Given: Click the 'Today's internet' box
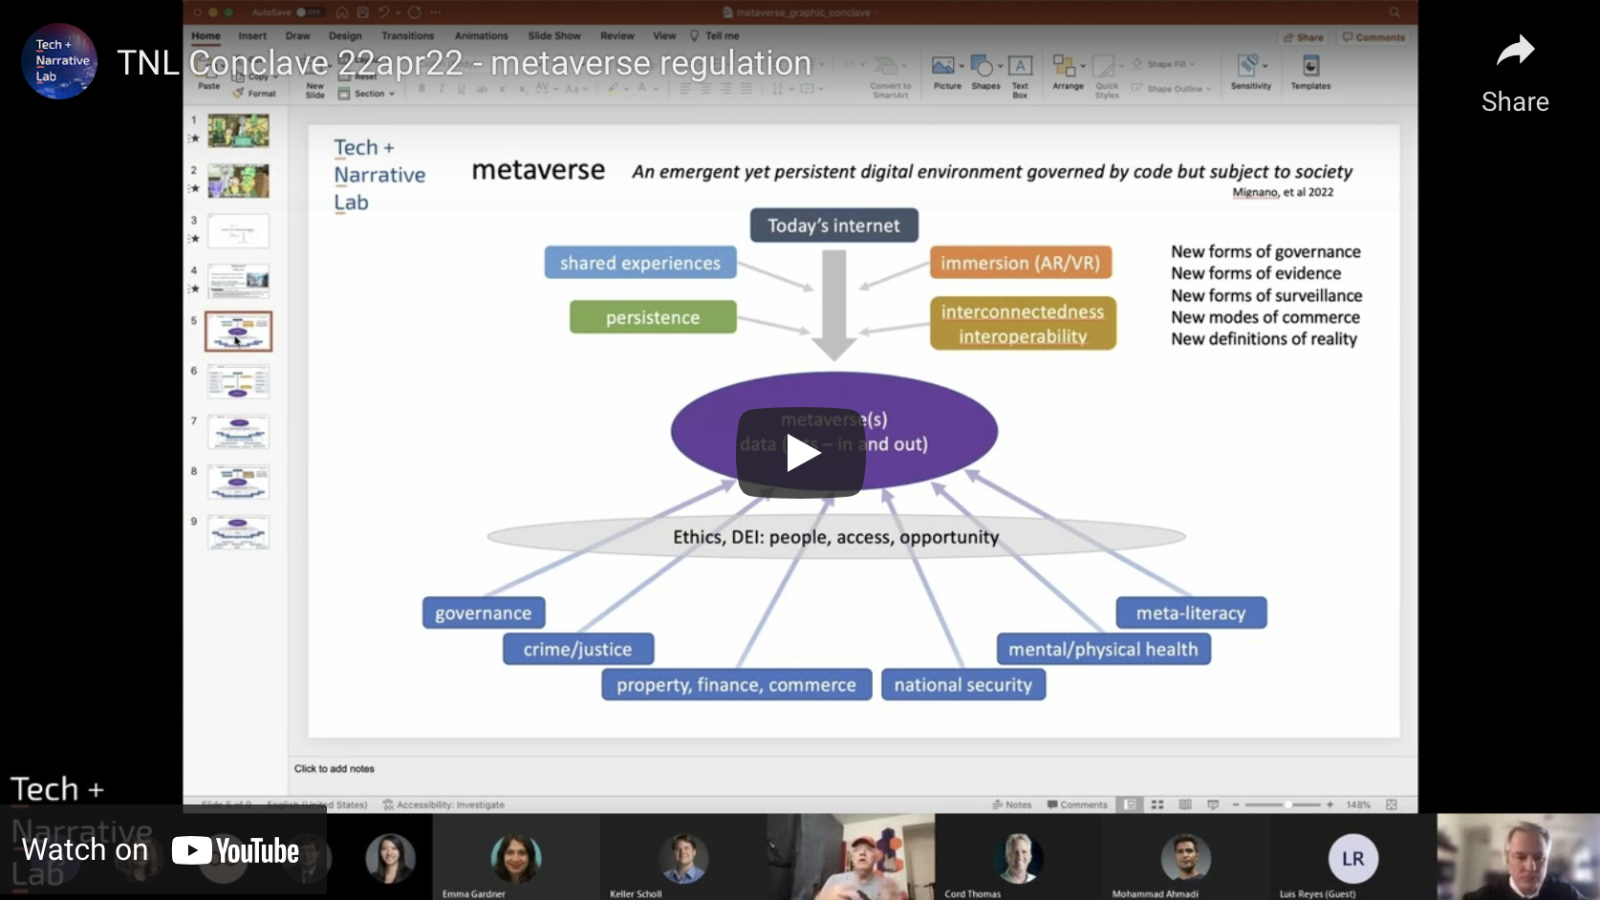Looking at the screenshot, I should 833,225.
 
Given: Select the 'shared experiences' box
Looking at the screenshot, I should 639,263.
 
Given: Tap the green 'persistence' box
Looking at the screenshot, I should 653,317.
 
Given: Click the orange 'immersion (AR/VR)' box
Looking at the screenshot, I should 1020,263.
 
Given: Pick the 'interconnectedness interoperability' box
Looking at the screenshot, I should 1023,324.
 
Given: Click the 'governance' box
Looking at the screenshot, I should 483,613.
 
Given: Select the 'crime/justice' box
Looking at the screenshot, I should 577,650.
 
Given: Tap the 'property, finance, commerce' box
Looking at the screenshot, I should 736,685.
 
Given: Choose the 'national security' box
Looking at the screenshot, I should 962,685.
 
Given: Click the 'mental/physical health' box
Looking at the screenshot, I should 1103,650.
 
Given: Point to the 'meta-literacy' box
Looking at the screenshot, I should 1190,613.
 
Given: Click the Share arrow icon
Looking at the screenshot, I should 1515,52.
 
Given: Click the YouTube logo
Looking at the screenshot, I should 236,850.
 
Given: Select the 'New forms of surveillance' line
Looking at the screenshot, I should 1265,295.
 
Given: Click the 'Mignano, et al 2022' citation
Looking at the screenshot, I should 1283,192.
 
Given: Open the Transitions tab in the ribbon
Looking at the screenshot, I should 407,36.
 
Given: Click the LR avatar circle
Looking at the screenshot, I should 1352,858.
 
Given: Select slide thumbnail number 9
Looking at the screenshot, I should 238,532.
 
